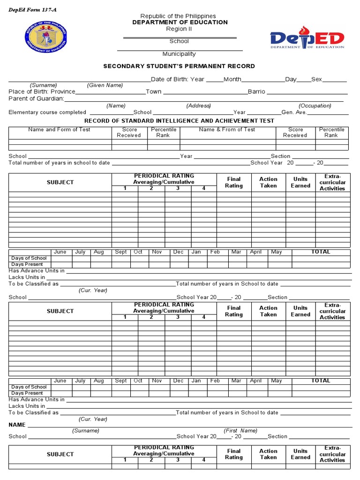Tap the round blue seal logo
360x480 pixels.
[46, 37]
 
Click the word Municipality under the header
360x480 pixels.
[179, 54]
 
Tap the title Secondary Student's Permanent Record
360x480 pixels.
[179, 66]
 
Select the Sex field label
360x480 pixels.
[316, 79]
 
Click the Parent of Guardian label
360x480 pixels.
[36, 98]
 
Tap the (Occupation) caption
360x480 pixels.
[315, 105]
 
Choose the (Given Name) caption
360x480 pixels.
[105, 85]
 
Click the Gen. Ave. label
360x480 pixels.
[294, 112]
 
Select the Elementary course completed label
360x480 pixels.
[47, 112]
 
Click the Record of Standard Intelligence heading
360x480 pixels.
[179, 121]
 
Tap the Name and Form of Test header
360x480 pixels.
[59, 129]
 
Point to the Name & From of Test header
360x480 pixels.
[227, 129]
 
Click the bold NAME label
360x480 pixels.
[17, 424]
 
